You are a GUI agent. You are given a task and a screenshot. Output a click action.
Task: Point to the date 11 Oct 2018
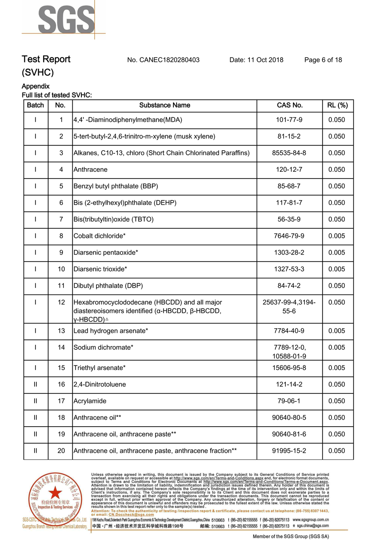256,60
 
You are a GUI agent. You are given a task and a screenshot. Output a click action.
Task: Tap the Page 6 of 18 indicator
323,60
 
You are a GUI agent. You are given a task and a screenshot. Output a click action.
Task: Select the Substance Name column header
164,105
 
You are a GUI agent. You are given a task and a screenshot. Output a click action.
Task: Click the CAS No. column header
289,105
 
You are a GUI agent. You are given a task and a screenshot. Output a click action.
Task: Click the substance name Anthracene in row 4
90,170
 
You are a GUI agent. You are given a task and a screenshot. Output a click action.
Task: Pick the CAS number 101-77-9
289,120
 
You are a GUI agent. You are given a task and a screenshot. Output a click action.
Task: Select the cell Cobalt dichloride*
99,236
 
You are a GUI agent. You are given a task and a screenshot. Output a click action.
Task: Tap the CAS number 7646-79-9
289,236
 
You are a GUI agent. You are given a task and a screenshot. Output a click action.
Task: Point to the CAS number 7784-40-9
289,331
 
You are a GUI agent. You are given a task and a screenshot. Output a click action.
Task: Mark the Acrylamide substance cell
90,401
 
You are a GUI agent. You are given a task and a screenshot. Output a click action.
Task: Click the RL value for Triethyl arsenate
337,368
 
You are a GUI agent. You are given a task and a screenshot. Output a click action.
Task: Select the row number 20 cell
61,451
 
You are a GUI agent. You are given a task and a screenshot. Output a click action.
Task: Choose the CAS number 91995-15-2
289,451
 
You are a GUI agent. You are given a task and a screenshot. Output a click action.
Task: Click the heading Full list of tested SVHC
57,95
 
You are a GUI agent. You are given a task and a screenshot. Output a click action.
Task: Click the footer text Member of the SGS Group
291,536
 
